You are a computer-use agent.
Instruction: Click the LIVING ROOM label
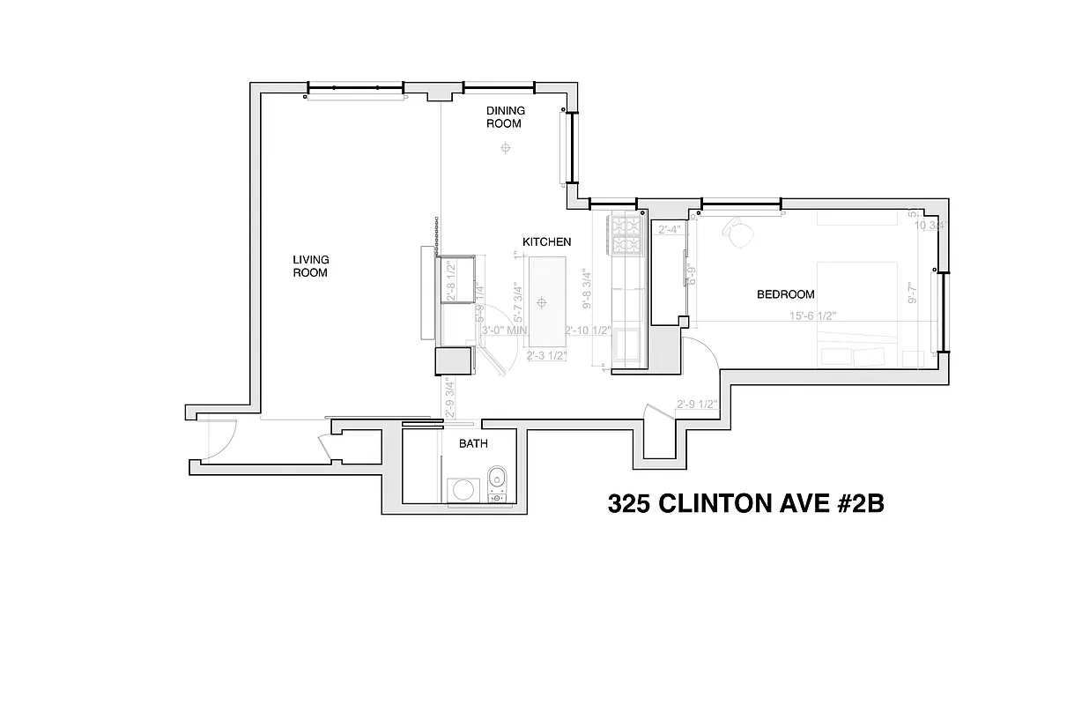click(x=310, y=266)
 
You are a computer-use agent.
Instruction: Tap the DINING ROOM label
click(x=506, y=116)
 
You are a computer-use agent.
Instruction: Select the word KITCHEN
click(x=546, y=241)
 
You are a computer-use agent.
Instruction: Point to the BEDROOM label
click(x=785, y=294)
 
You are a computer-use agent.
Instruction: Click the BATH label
click(x=473, y=444)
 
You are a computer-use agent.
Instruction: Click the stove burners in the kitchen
click(x=626, y=234)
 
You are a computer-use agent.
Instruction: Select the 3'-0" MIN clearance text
click(x=504, y=330)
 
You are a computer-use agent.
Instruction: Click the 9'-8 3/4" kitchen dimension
click(x=588, y=290)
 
